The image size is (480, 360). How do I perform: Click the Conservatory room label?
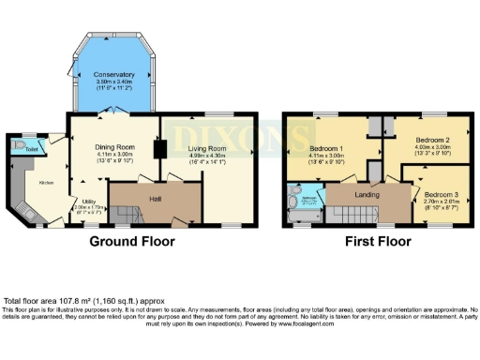114,74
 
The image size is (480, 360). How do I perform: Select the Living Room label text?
207,148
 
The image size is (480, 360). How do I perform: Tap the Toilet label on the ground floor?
33,148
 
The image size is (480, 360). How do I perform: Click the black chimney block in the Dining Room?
158,149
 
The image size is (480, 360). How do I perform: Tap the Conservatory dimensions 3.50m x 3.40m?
114,82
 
